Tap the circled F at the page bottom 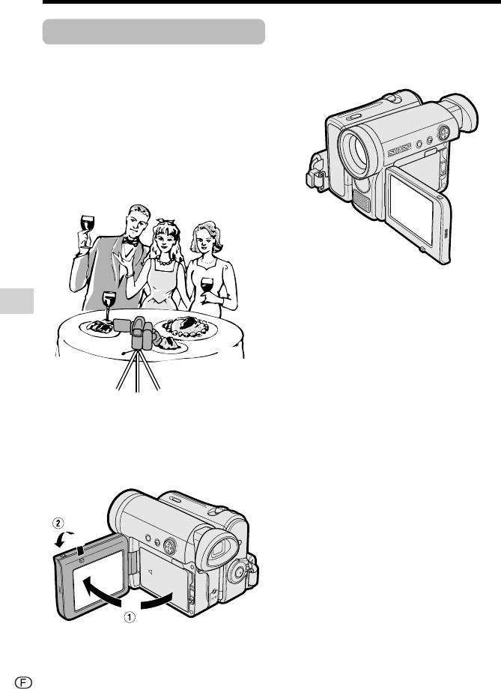pos(23,682)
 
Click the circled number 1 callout pos(130,617)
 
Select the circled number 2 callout pos(58,523)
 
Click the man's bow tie pos(130,241)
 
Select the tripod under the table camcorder pos(138,371)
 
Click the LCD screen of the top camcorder pos(410,210)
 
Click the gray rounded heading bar pos(154,31)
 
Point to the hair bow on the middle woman pos(166,222)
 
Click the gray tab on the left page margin pos(16,301)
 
